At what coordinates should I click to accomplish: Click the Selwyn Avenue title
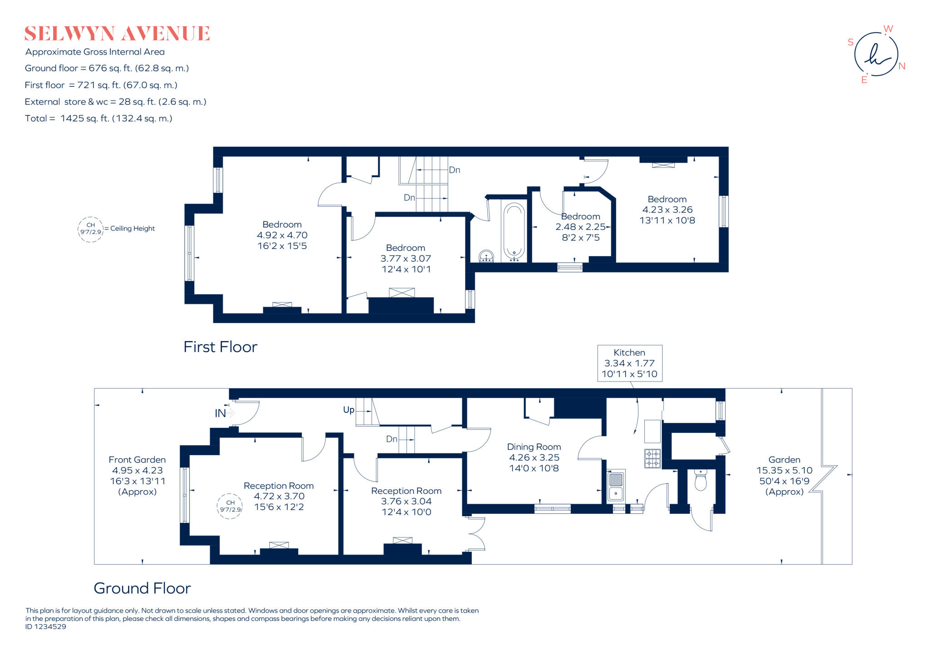(x=117, y=34)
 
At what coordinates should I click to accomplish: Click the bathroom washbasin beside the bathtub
(x=486, y=256)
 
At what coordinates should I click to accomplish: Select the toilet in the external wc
(x=700, y=480)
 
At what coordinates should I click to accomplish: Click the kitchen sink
(x=616, y=486)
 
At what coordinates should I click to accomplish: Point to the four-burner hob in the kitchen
(x=652, y=458)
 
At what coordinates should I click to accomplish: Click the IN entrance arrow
(x=231, y=413)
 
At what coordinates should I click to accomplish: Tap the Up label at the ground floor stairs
(x=348, y=410)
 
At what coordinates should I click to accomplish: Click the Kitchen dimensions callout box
(x=629, y=363)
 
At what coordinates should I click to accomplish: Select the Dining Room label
(x=534, y=447)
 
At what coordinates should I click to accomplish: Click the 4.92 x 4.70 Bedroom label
(x=282, y=235)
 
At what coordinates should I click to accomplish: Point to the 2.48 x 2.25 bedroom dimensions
(x=580, y=227)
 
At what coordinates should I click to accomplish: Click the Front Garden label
(x=137, y=460)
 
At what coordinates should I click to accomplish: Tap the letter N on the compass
(x=902, y=66)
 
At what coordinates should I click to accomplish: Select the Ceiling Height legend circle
(x=91, y=229)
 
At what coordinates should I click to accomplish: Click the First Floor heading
(x=220, y=347)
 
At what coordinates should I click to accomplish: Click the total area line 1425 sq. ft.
(x=99, y=119)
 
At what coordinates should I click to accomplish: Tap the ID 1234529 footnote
(x=46, y=627)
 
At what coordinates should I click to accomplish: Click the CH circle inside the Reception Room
(x=230, y=506)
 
